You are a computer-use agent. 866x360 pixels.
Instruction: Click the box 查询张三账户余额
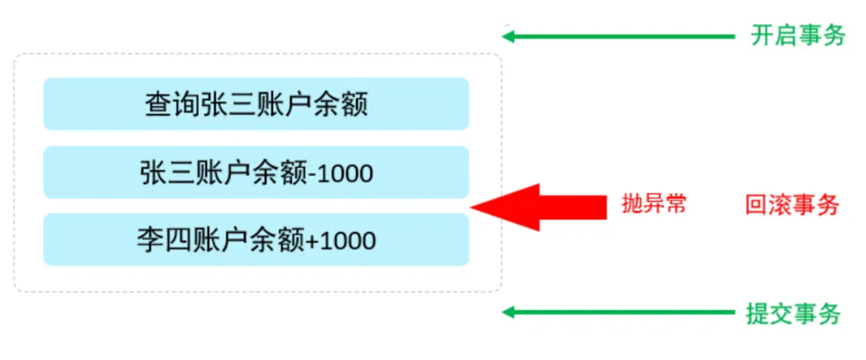[x=256, y=104]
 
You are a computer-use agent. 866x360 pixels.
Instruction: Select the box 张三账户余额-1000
[x=256, y=172]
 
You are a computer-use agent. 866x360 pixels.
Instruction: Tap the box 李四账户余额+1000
[x=256, y=240]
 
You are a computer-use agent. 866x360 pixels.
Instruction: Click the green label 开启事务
[x=798, y=36]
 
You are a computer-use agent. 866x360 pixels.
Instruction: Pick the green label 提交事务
[x=793, y=313]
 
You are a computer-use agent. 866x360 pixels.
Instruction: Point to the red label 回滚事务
[x=792, y=205]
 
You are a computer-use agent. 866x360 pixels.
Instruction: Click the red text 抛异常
[x=654, y=205]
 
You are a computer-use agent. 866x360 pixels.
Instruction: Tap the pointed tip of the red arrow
[x=475, y=207]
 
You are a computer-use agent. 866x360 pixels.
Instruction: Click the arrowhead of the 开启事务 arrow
[x=508, y=36]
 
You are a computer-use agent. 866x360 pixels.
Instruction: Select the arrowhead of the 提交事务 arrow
[x=508, y=312]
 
